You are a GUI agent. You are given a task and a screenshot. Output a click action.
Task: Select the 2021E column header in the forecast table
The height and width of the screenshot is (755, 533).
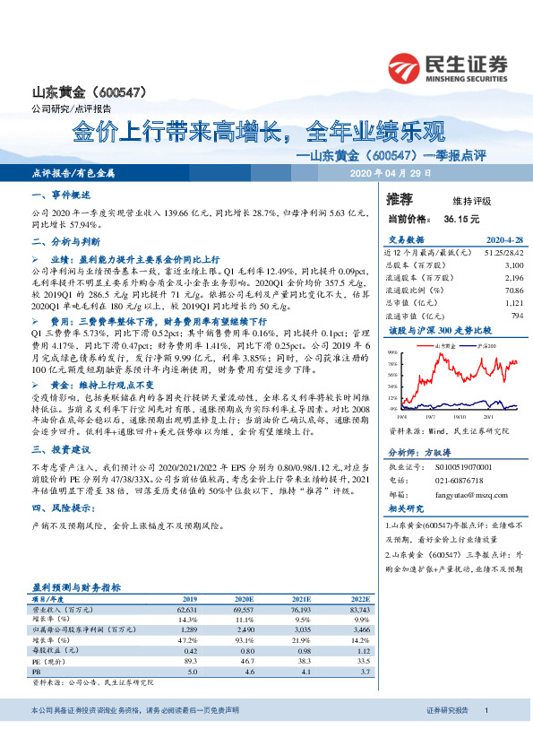click(303, 597)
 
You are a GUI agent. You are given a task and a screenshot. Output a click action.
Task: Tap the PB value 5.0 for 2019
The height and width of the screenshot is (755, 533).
click(192, 670)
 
